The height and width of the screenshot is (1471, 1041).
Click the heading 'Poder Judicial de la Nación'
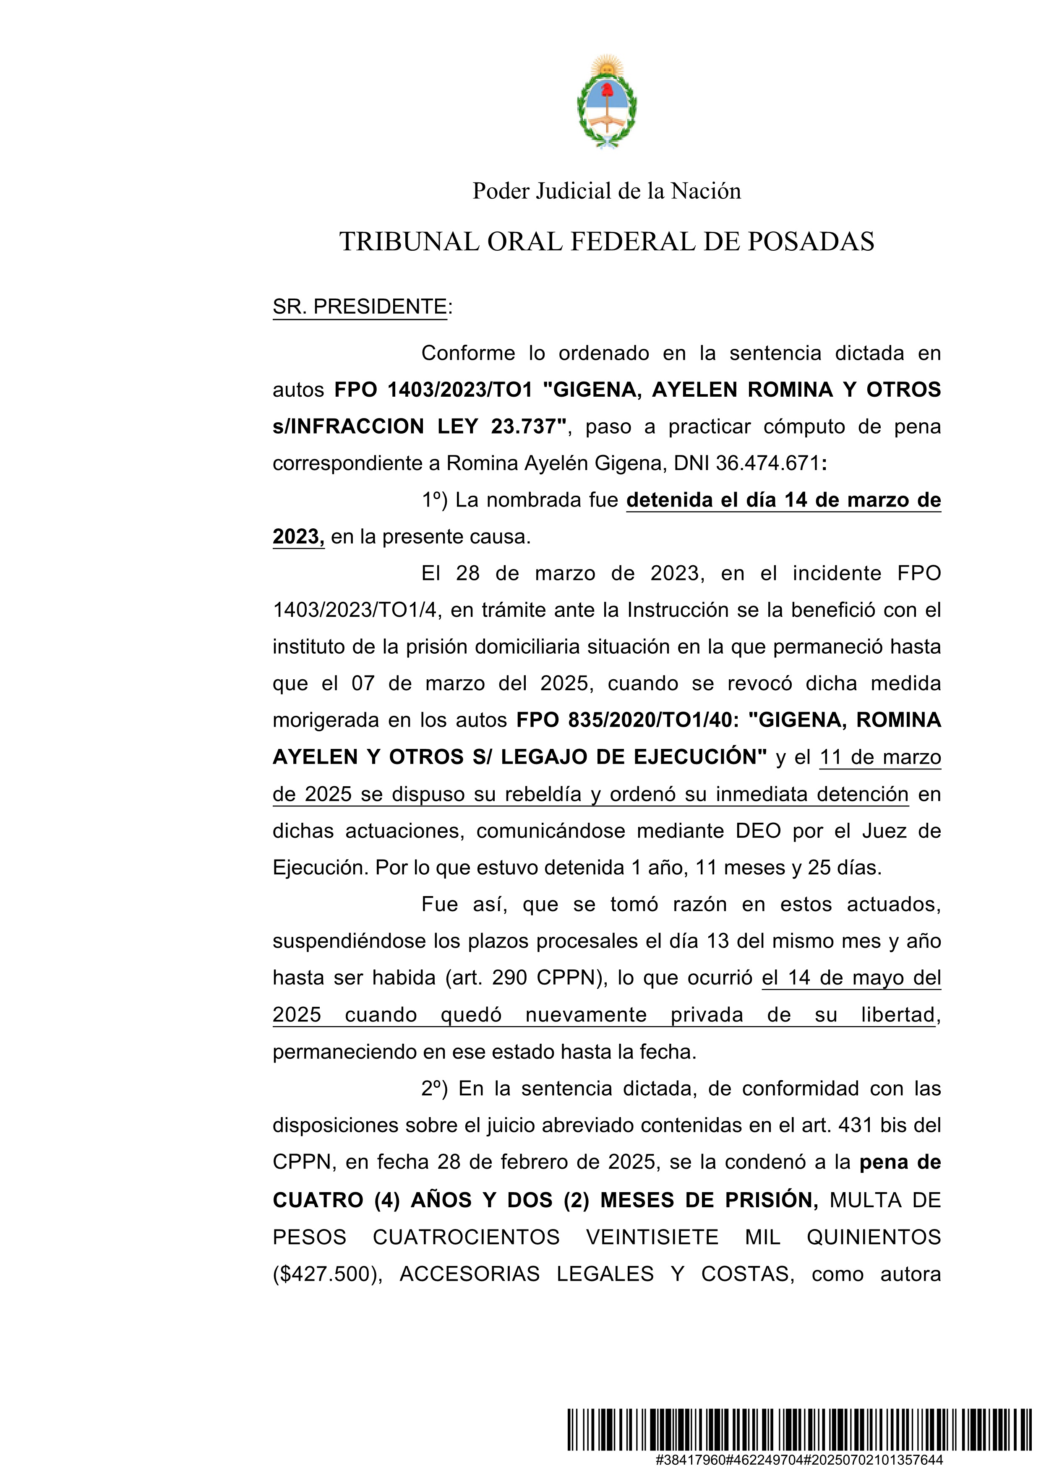tap(606, 191)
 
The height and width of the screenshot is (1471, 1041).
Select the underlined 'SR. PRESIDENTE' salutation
tap(359, 307)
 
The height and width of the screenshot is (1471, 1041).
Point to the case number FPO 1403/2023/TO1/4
tap(356, 610)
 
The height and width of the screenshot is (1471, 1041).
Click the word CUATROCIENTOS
tap(466, 1237)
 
